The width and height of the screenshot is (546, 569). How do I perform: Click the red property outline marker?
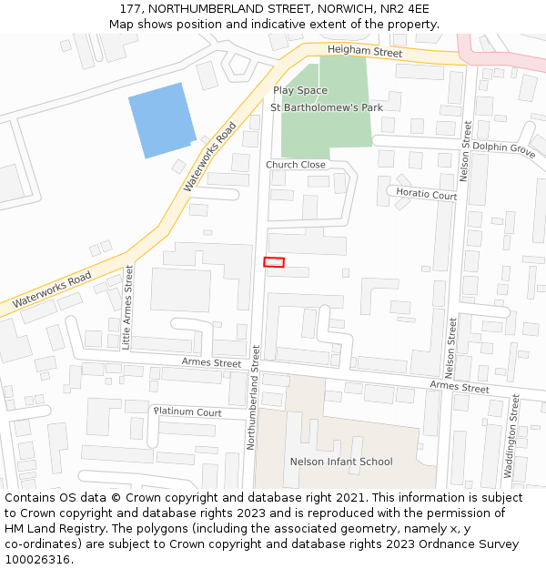pyautogui.click(x=274, y=262)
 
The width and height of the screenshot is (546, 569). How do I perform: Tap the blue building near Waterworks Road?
pyautogui.click(x=162, y=120)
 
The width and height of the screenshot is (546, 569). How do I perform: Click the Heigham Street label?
pyautogui.click(x=364, y=53)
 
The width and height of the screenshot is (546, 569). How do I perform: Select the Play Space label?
pyautogui.click(x=300, y=90)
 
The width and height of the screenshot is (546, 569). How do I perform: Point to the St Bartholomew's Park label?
pyautogui.click(x=327, y=107)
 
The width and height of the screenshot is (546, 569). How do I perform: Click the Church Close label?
pyautogui.click(x=295, y=165)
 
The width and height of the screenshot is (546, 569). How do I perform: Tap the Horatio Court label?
pyautogui.click(x=426, y=195)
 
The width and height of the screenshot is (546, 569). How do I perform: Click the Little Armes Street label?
pyautogui.click(x=127, y=307)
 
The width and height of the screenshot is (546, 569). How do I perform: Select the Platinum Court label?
pyautogui.click(x=187, y=412)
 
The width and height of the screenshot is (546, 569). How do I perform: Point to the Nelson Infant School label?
pyautogui.click(x=341, y=462)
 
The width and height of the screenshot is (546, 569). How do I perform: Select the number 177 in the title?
pyautogui.click(x=131, y=8)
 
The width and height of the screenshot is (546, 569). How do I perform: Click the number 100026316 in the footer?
pyautogui.click(x=36, y=559)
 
